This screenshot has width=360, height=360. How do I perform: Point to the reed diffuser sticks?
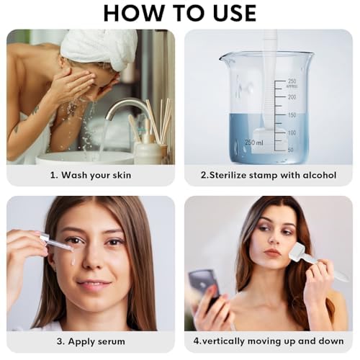[x=160, y=120]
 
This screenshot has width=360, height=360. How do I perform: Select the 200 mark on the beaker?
[x=292, y=97]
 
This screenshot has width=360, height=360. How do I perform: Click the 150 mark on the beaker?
[x=292, y=115]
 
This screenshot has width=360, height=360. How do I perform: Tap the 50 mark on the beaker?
[x=290, y=150]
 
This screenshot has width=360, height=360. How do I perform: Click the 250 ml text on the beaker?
[x=254, y=143]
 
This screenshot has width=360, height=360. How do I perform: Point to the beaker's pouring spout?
[x=225, y=58]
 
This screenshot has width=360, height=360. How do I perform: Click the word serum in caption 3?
[x=110, y=341]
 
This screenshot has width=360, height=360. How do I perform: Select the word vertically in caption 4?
[x=224, y=341]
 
